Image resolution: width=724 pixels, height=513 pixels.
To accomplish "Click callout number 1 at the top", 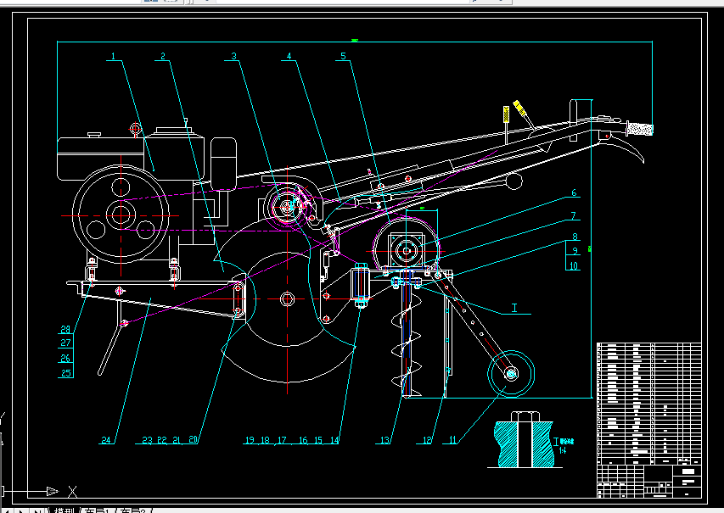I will coord(113,58).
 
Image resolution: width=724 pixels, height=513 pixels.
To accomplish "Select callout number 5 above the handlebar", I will coord(343,58).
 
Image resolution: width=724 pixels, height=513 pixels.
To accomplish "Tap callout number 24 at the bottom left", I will coord(106,440).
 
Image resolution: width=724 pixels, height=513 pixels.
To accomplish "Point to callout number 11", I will coord(452,440).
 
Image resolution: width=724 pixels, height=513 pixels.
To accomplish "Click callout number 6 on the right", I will coord(574,193).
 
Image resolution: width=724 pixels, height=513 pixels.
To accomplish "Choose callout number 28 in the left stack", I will coord(65,330).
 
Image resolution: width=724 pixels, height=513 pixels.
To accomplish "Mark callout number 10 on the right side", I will coord(574,265).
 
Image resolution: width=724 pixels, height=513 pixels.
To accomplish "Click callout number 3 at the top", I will coord(233,58).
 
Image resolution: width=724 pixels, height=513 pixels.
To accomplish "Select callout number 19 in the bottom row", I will coord(250,440).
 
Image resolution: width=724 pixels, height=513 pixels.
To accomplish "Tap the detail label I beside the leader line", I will coord(514,308).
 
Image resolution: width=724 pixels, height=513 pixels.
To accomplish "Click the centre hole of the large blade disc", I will coord(287,298).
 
